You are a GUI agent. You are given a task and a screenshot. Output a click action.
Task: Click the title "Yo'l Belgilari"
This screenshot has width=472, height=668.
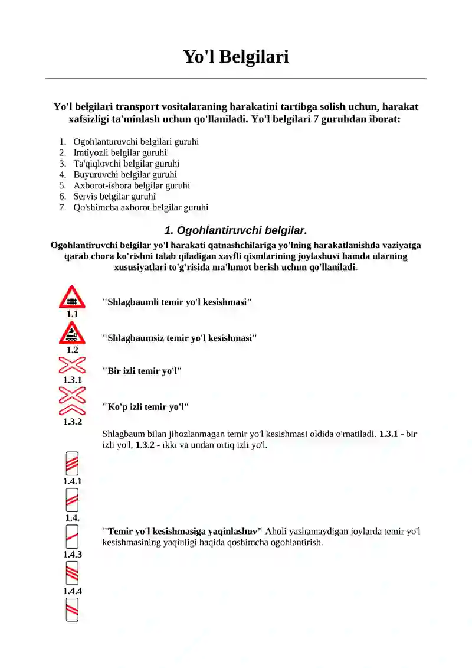[x=235, y=57]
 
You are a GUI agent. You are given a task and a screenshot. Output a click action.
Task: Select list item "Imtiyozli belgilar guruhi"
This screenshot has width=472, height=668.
[x=120, y=152]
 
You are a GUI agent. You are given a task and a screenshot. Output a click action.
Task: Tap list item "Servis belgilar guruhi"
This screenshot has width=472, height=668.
[x=114, y=196]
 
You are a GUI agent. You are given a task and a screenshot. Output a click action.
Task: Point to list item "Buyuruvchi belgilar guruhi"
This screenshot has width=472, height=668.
[x=125, y=174]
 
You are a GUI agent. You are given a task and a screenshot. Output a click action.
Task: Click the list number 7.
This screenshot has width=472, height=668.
[x=62, y=207]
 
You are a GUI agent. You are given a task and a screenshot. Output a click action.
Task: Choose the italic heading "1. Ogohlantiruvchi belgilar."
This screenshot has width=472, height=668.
[x=235, y=230]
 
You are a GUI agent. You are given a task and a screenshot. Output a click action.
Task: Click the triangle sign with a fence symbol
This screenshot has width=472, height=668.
[x=72, y=298]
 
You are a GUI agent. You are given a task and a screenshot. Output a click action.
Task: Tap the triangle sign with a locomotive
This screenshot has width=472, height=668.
[x=72, y=334]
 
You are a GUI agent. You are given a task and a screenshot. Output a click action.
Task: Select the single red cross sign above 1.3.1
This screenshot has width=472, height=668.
[x=72, y=365]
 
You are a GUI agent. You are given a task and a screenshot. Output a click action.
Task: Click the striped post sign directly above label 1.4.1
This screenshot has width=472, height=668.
[x=72, y=464]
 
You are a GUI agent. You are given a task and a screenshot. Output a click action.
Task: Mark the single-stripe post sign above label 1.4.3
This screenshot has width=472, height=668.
[x=72, y=537]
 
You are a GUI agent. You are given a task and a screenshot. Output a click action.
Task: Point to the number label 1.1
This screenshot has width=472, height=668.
[x=72, y=314]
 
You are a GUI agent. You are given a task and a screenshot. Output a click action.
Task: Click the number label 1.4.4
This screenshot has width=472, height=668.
[x=72, y=591]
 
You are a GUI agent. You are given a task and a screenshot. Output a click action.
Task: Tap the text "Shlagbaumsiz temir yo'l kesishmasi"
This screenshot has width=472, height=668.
[x=179, y=338]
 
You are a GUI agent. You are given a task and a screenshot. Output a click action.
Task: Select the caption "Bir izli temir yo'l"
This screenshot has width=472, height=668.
[x=142, y=371]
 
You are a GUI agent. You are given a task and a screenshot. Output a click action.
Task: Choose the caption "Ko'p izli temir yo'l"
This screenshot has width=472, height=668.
[x=145, y=407]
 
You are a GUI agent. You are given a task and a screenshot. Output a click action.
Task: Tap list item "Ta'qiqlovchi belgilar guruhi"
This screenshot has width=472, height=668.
[x=126, y=164]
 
